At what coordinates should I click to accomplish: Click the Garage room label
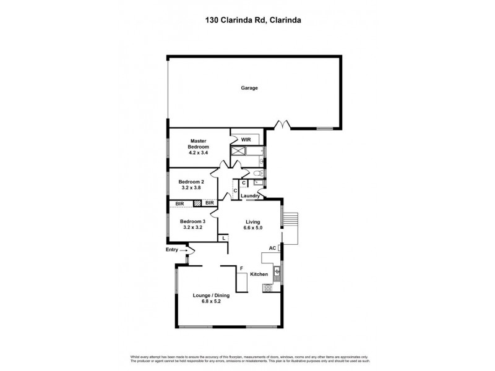(249, 88)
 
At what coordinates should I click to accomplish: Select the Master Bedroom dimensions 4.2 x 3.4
(199, 151)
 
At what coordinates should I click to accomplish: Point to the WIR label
(245, 140)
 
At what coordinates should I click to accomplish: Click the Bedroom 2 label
(191, 182)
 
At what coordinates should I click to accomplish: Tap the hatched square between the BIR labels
(197, 203)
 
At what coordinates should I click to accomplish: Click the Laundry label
(249, 196)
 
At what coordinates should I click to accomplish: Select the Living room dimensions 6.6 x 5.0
(252, 228)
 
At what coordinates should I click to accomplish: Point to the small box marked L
(223, 237)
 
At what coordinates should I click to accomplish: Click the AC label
(272, 249)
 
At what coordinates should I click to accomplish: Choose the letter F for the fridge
(241, 269)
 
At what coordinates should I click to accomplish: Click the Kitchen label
(259, 274)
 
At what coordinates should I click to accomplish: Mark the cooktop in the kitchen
(268, 288)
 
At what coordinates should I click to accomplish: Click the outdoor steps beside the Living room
(291, 221)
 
